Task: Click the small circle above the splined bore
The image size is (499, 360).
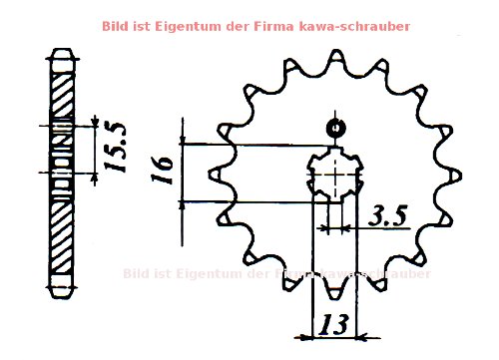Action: (334, 127)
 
